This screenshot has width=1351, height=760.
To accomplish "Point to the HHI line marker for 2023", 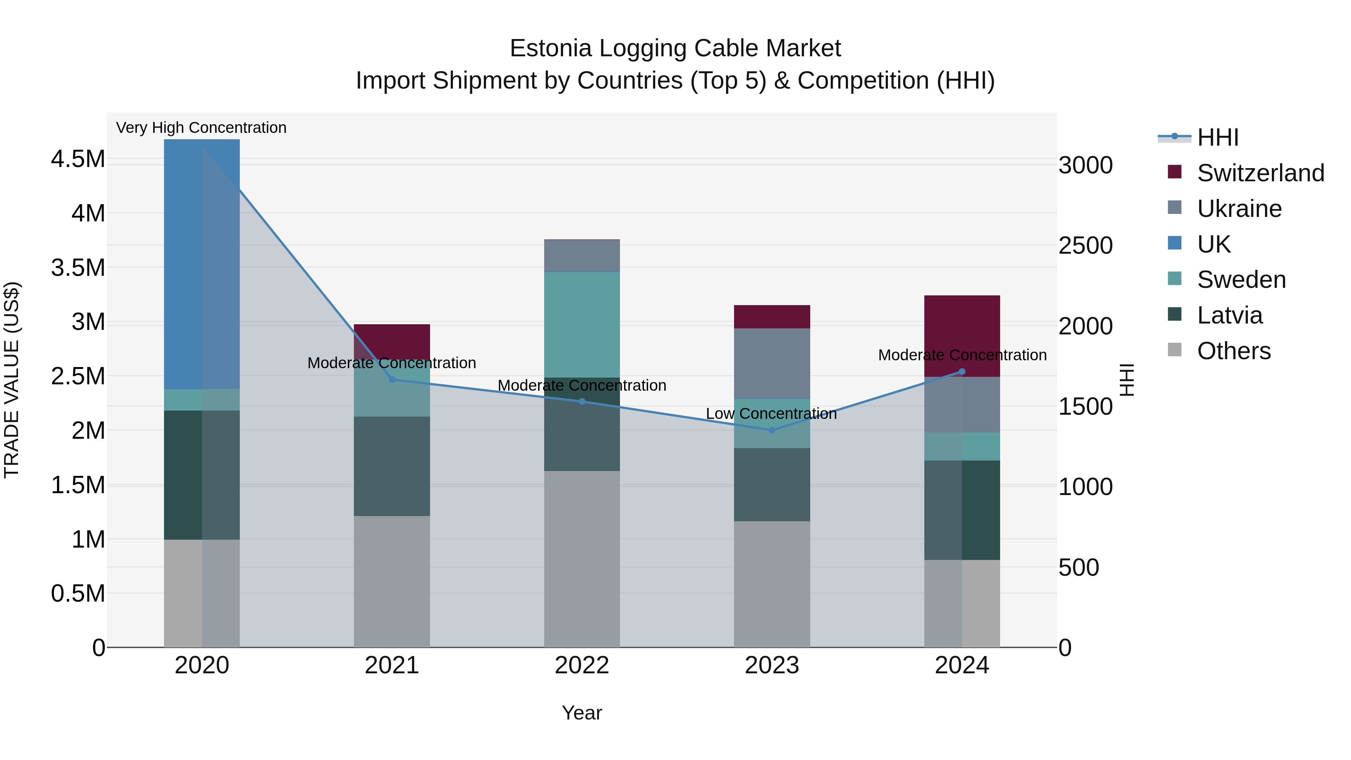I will (x=772, y=430).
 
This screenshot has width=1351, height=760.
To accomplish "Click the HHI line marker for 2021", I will (x=392, y=379).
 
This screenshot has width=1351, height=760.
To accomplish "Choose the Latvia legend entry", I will (x=1229, y=315).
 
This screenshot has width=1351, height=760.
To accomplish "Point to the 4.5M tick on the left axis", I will (x=78, y=159).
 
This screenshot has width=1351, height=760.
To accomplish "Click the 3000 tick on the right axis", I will (x=1085, y=165).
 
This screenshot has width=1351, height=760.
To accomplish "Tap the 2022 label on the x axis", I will (x=582, y=665).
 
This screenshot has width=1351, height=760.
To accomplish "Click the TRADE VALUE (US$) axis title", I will (x=12, y=380).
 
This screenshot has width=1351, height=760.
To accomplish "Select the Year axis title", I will (x=582, y=713).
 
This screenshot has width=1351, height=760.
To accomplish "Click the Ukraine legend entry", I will (x=1239, y=209).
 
